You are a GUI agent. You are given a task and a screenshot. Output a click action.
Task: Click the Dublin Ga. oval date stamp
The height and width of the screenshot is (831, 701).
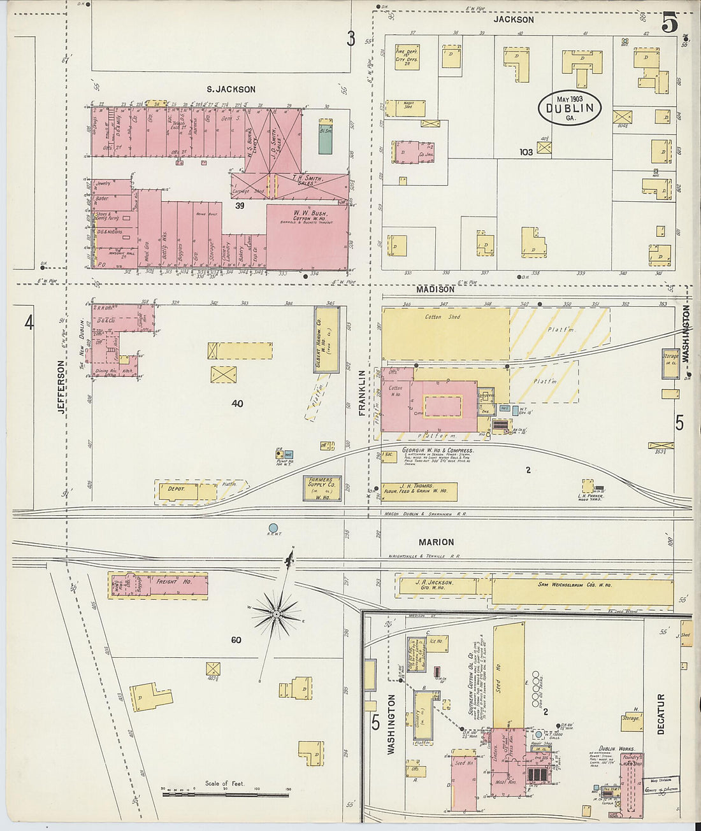[x=569, y=108]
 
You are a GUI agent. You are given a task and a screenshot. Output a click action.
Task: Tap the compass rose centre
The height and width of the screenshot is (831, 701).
[x=277, y=614]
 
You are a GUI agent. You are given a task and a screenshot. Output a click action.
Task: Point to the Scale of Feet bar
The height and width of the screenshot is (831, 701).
[x=224, y=794]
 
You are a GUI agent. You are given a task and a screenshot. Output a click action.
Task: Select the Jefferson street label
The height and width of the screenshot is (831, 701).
[x=62, y=387]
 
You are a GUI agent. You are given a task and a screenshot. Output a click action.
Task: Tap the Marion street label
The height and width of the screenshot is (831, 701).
[x=436, y=542]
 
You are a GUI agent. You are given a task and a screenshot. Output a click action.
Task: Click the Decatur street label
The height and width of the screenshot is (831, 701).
[x=660, y=714]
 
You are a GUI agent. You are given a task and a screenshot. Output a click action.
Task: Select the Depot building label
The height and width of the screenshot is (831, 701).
[x=176, y=489]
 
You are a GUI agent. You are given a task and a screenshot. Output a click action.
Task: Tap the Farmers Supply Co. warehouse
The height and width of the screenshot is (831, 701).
[x=324, y=488]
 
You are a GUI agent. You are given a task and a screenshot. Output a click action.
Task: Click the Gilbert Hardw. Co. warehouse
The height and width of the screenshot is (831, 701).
[x=326, y=340]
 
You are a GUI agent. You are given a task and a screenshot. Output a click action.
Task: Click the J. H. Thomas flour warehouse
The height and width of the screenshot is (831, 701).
[x=420, y=491]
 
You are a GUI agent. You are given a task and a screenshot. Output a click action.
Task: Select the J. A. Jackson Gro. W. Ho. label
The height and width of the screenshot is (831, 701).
[x=436, y=585]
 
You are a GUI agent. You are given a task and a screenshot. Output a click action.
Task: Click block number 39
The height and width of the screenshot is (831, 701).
[x=240, y=206]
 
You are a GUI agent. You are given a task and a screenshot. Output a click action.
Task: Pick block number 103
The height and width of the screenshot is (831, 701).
[x=526, y=152]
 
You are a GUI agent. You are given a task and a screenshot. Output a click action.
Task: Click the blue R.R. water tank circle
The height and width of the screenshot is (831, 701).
[x=273, y=527]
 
